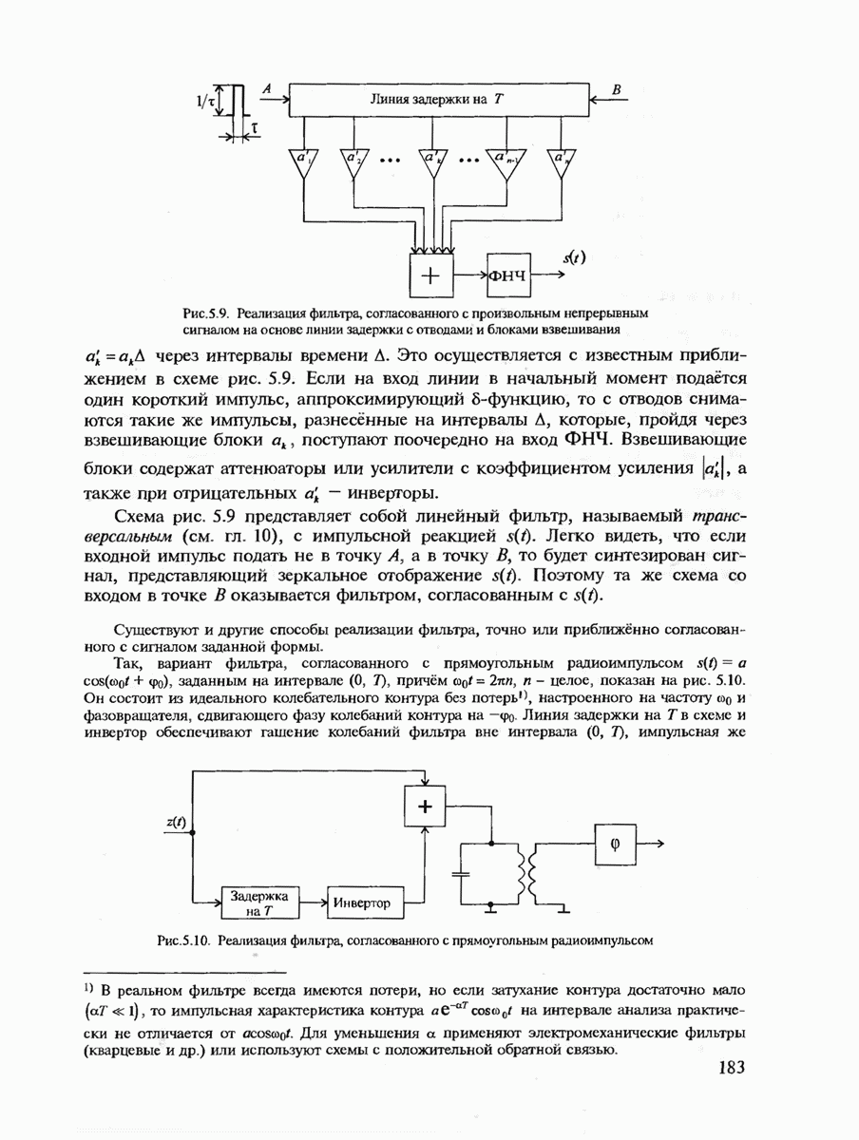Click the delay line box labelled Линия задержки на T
(438, 98)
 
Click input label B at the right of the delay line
(618, 87)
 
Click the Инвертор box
(363, 902)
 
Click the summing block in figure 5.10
(425, 807)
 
